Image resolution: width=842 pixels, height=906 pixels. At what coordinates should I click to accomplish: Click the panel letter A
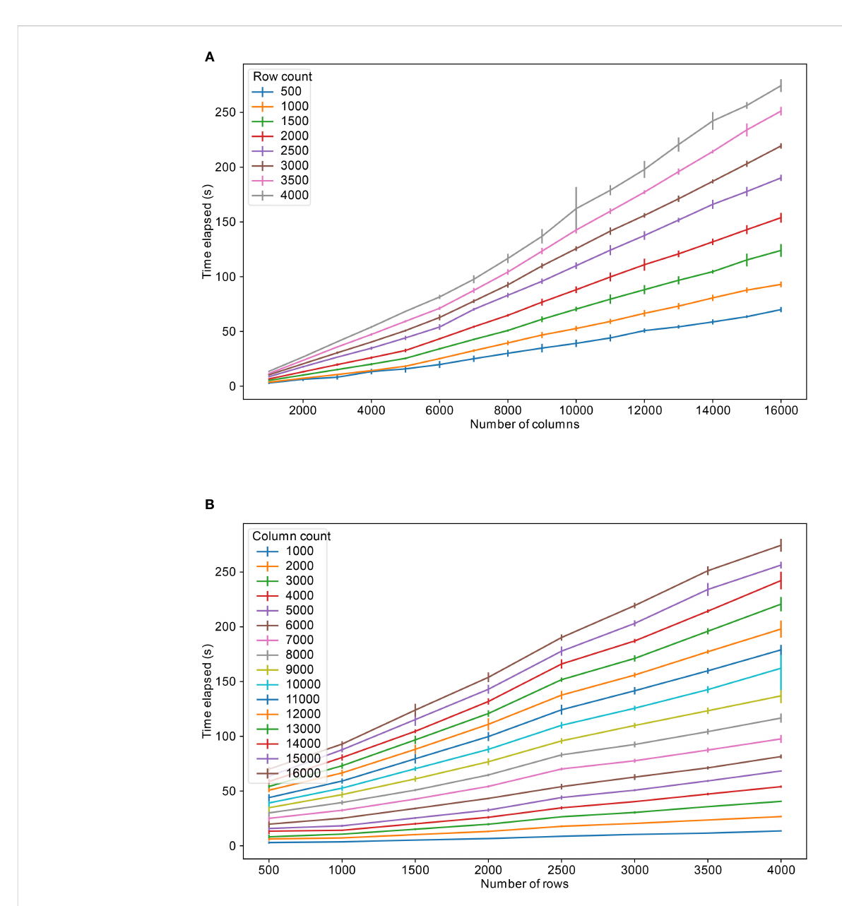click(210, 57)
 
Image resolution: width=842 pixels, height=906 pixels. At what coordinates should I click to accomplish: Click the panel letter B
click(210, 505)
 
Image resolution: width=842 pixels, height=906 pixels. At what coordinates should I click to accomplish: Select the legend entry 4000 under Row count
click(294, 196)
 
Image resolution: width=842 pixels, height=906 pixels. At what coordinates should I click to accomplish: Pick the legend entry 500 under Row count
click(290, 91)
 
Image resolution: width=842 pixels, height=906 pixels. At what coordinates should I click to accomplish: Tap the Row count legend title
click(283, 76)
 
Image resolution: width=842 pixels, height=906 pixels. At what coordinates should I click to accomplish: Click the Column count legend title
click(291, 536)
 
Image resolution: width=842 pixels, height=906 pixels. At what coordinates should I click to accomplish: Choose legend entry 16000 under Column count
click(303, 773)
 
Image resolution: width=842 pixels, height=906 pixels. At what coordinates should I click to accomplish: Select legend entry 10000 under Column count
click(303, 684)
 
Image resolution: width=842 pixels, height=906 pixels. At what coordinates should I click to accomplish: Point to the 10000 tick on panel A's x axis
click(576, 410)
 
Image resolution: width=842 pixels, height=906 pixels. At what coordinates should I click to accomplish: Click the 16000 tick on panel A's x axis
click(781, 410)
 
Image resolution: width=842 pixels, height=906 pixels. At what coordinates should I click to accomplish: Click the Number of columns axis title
click(524, 424)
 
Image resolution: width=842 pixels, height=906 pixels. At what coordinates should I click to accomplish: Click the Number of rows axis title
click(524, 884)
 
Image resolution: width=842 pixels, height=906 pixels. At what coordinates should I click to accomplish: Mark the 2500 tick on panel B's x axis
click(562, 870)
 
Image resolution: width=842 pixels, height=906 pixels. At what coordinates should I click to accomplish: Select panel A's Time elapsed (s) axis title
click(207, 231)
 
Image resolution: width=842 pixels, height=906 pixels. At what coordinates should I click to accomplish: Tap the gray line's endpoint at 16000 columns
click(781, 85)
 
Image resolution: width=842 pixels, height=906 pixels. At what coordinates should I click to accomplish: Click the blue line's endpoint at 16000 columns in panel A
click(781, 309)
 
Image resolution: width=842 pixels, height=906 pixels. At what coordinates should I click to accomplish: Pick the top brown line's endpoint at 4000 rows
click(781, 545)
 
